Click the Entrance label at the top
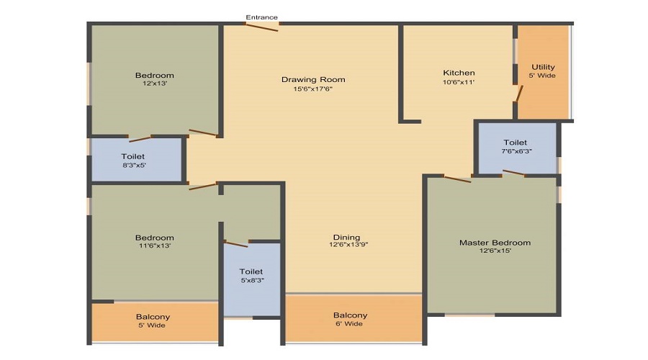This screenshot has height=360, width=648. (x=261, y=17)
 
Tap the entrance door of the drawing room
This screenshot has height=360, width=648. (x=261, y=27)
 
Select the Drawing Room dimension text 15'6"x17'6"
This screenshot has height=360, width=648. (x=312, y=89)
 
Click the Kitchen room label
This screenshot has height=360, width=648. (x=459, y=73)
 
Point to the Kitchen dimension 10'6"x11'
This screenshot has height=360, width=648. (x=459, y=83)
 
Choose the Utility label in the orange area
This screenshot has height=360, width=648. (x=543, y=67)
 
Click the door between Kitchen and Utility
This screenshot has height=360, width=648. (x=518, y=93)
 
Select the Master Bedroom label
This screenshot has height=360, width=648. (x=495, y=243)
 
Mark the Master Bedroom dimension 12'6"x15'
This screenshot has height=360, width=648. (x=495, y=251)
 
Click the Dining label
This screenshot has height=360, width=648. (x=346, y=238)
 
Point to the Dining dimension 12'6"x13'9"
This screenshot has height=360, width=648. (x=346, y=246)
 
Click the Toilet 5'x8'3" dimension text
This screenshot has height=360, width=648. (x=251, y=281)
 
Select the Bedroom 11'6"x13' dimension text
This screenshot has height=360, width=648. (x=154, y=246)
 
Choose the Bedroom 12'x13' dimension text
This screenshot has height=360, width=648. (x=154, y=84)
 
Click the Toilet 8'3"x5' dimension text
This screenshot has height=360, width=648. (x=133, y=165)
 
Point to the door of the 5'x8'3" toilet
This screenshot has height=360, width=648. (x=235, y=243)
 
